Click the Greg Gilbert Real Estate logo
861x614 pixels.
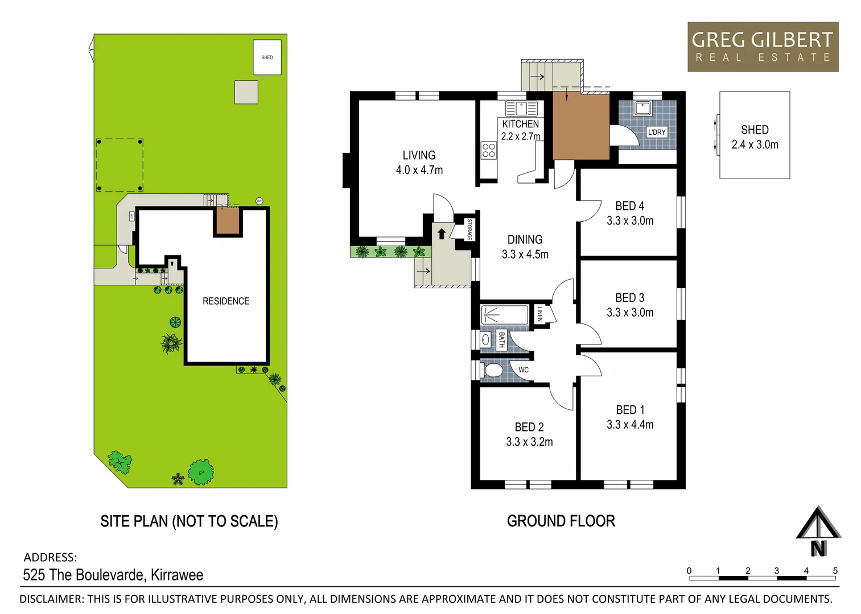tap(763, 47)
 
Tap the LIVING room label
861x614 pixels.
tap(419, 155)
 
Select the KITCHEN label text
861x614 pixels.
tap(520, 124)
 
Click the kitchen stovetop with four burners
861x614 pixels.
tap(488, 150)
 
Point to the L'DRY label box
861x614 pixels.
tap(657, 132)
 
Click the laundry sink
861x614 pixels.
tap(643, 107)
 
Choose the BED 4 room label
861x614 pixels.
tap(629, 206)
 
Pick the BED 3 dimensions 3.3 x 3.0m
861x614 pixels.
tap(630, 313)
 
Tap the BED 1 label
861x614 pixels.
tap(630, 410)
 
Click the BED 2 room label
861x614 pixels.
tap(529, 427)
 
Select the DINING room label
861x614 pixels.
tap(525, 240)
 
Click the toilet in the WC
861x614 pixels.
tap(493, 370)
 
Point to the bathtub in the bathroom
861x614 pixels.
tap(505, 314)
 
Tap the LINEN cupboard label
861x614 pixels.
tap(540, 314)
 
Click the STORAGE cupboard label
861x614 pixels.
tap(469, 229)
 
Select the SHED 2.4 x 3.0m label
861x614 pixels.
tap(755, 137)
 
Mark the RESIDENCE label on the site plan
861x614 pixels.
tap(226, 301)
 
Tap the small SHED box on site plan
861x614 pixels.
tap(267, 57)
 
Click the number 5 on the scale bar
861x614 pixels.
tap(835, 571)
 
